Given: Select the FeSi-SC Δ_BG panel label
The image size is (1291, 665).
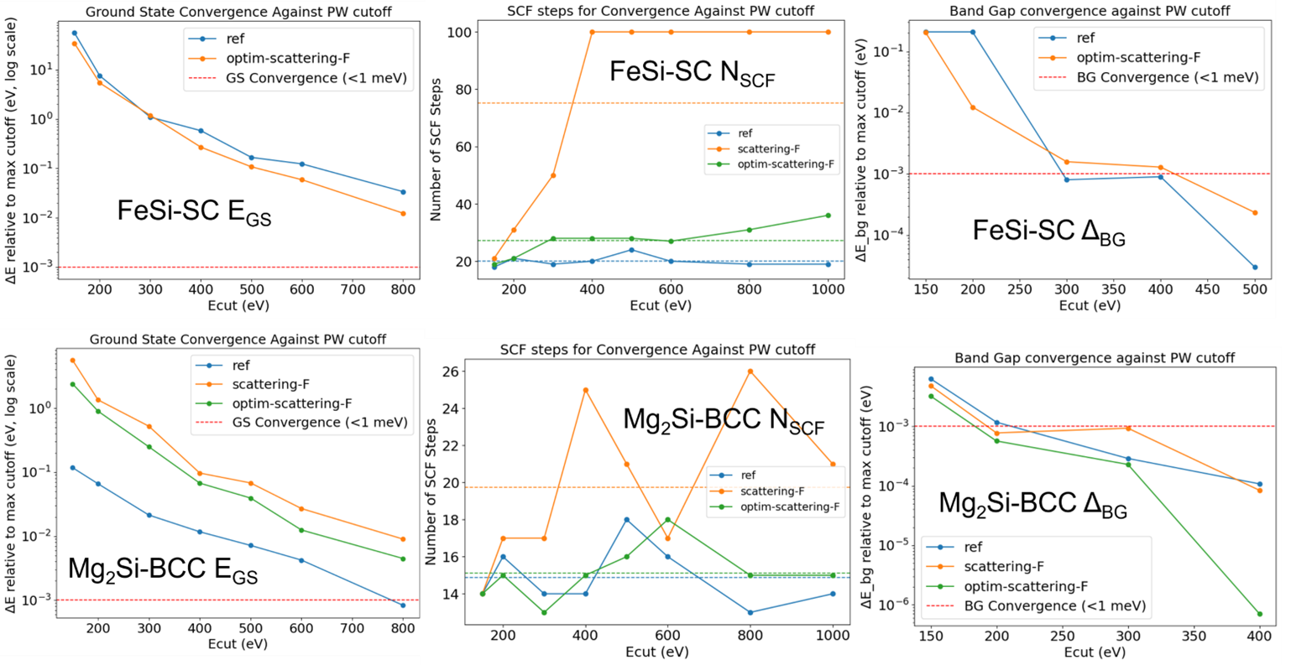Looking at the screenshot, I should coord(1048,232).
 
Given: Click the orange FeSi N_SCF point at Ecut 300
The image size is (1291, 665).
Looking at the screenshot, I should coord(552,175).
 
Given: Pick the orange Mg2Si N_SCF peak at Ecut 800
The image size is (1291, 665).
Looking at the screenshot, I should coord(750,371).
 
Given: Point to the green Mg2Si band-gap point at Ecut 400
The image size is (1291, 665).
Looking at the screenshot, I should coord(1259,614).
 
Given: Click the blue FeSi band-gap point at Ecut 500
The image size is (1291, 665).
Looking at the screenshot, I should coord(1254,268).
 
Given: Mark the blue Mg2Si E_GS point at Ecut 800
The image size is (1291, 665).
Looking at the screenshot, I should coord(403,605).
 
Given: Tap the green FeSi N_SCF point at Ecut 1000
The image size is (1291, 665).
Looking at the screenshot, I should coord(828,216).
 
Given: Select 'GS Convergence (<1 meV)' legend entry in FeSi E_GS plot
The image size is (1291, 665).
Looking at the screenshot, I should coord(316,78).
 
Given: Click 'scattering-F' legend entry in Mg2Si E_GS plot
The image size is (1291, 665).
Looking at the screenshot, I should coord(270,385).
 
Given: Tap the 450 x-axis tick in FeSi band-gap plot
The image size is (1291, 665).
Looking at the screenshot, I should coord(1207,289).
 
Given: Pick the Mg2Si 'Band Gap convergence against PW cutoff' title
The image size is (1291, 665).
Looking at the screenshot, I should coord(1095,358).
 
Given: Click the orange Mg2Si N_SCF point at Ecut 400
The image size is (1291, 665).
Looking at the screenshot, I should coord(586,390).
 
